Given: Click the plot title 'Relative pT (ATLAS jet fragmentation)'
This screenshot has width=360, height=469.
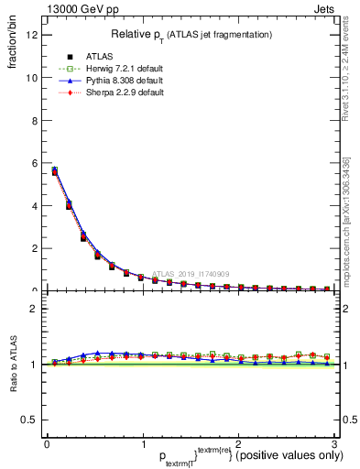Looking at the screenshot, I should pyautogui.click(x=191, y=34).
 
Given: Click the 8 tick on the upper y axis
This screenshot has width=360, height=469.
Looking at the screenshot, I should pyautogui.click(x=33, y=121).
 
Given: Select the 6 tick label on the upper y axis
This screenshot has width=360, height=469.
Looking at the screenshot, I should pyautogui.click(x=33, y=163).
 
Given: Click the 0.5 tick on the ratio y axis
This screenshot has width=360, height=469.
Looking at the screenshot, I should pyautogui.click(x=28, y=420).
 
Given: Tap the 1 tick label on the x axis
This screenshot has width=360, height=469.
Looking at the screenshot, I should pyautogui.click(x=142, y=443).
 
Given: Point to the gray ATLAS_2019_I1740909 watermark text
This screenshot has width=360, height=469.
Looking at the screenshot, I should pyautogui.click(x=192, y=273).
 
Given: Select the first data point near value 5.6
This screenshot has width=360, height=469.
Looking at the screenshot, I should pyautogui.click(x=55, y=171).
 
